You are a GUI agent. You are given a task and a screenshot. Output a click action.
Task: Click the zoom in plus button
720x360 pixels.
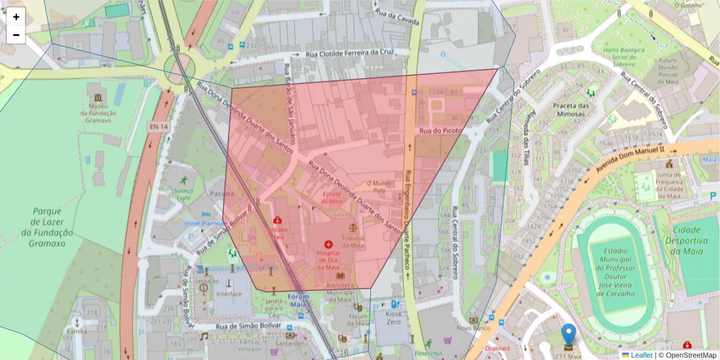tap(16, 17)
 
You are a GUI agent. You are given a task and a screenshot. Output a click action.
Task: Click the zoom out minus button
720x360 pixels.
tap(16, 35)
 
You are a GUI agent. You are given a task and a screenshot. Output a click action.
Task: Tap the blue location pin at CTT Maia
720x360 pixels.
tap(568, 336)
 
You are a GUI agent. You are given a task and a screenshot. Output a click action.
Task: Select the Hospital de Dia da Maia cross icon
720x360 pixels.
tap(328, 244)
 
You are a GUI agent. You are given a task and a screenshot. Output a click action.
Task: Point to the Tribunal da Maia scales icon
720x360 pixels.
tap(353, 228)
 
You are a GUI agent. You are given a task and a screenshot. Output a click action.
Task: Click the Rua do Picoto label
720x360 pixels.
tap(440, 130)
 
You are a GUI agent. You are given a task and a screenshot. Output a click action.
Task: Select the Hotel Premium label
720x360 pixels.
tap(204, 223)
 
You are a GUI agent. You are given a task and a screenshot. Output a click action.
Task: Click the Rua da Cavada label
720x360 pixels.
tap(396, 17)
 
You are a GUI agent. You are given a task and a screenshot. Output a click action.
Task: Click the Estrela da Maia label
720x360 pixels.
tap(332, 197)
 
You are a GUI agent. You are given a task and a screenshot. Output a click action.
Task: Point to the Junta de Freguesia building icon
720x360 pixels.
tap(668, 164)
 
